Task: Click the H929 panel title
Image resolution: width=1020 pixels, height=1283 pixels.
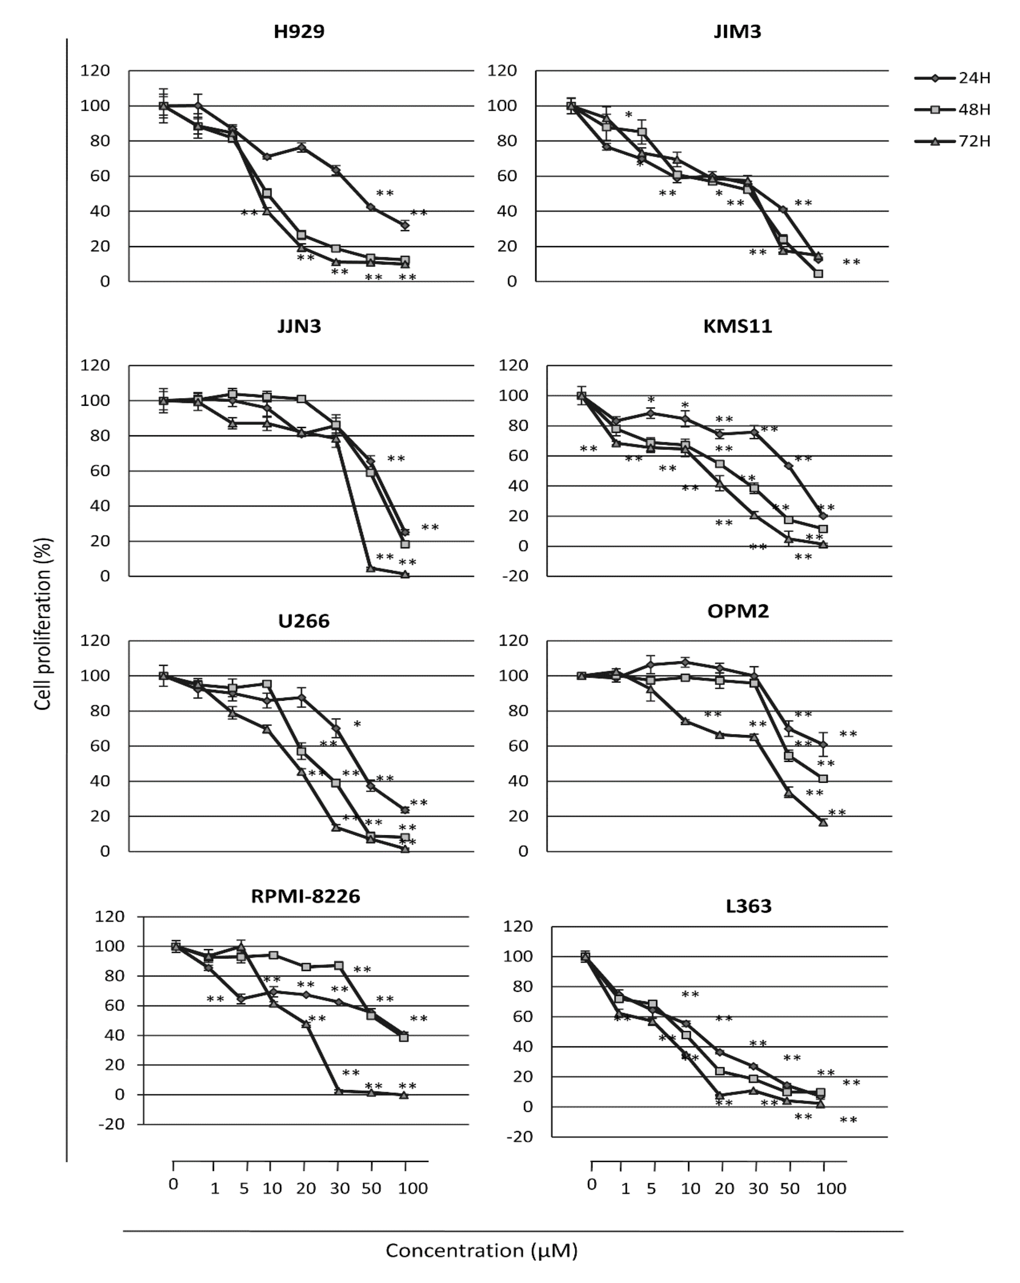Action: (299, 31)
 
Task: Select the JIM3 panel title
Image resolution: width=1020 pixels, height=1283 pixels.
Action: (737, 31)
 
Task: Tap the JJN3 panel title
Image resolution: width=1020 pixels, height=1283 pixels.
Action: (299, 326)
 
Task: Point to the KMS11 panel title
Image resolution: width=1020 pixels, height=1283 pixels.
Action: (737, 326)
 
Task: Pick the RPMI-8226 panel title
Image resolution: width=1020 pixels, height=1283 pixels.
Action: (306, 896)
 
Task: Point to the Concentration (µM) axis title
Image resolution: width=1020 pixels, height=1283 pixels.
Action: (482, 1250)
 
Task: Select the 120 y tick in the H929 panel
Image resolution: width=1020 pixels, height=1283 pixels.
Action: (95, 71)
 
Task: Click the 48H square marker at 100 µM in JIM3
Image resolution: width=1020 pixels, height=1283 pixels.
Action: (818, 274)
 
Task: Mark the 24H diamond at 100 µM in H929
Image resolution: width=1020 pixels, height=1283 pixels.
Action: (405, 225)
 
